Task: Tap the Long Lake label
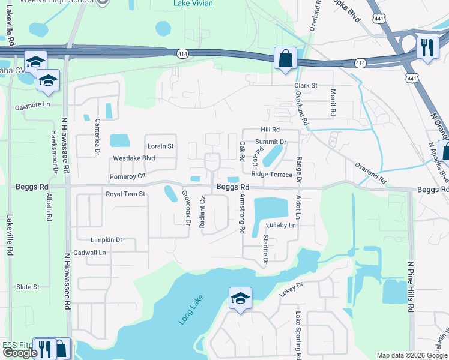[191, 310]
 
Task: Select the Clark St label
[306, 86]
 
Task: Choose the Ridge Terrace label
[272, 175]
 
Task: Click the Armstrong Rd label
[243, 213]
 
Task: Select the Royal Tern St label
[125, 194]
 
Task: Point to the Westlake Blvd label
[134, 159]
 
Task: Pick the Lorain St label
[160, 146]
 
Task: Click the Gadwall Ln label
[89, 253]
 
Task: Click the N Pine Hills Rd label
[411, 287]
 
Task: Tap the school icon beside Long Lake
[240, 298]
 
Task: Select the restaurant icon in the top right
[427, 47]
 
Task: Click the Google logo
[20, 353]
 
